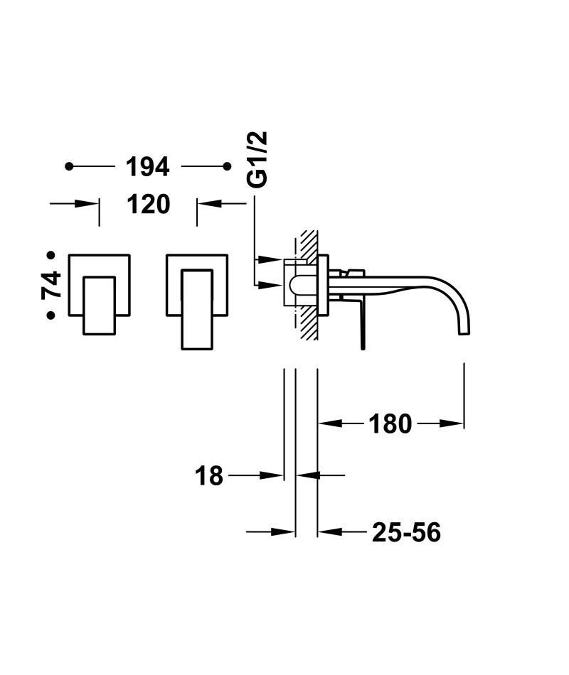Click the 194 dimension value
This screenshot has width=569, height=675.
tap(147, 167)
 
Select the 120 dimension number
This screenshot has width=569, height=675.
tap(148, 204)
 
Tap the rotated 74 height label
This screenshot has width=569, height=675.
tap(52, 285)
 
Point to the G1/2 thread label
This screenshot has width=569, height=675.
tap(257, 159)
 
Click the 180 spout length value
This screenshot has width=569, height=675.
tap(390, 424)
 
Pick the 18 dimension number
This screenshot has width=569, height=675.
tap(209, 476)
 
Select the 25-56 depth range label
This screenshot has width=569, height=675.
tap(407, 532)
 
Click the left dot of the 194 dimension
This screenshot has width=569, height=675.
tap(69, 166)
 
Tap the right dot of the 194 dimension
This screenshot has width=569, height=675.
tap(228, 166)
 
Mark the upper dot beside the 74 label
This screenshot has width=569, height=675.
tap(51, 255)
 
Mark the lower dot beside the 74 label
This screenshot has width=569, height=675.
tap(51, 315)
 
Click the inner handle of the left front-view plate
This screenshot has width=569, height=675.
tap(99, 306)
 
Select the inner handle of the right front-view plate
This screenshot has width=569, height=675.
tap(197, 309)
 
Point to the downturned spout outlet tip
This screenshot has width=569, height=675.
tap(464, 334)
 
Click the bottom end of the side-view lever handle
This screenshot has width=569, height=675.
tap(363, 348)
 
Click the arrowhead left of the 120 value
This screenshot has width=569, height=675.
tap(86, 204)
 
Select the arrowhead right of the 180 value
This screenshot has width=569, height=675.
tap(452, 423)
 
